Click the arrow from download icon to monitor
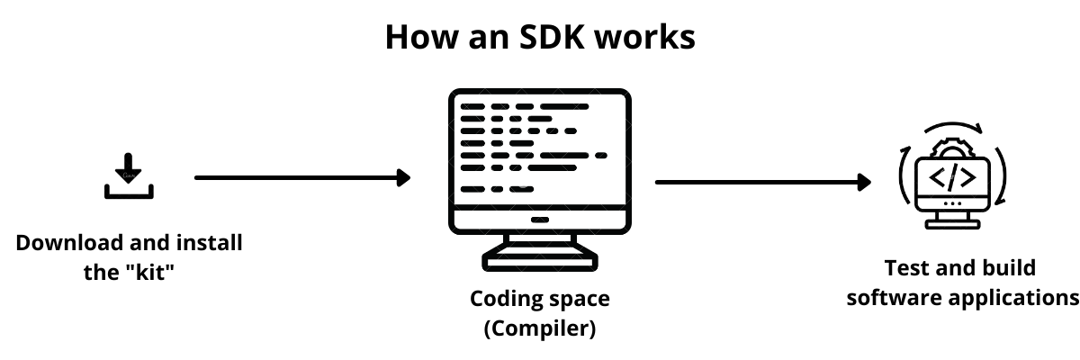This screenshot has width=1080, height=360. pyautogui.click(x=297, y=177)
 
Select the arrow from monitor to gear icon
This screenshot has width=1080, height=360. pyautogui.click(x=756, y=182)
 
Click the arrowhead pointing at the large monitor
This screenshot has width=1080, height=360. pyautogui.click(x=404, y=177)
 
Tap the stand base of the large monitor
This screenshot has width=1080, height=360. pyautogui.click(x=540, y=263)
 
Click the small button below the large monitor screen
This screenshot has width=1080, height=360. pyautogui.click(x=540, y=219)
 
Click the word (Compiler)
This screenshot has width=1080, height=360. pyautogui.click(x=540, y=328)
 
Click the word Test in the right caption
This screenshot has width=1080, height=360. pyautogui.click(x=904, y=268)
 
